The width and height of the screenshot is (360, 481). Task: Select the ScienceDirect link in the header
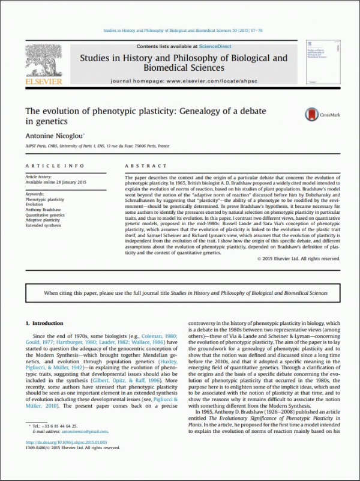[200, 47]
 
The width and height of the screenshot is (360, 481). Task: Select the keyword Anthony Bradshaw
[43, 210]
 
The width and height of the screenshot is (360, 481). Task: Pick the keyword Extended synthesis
[44, 226]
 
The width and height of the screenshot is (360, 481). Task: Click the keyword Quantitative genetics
[46, 215]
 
